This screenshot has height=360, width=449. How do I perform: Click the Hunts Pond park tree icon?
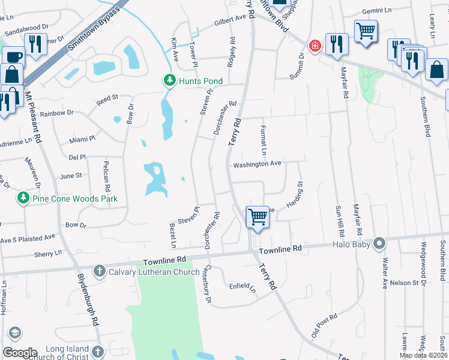coord(170,80)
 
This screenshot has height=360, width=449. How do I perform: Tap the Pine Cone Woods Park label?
coord(74,198)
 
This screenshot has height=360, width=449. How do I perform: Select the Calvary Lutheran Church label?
coord(154,272)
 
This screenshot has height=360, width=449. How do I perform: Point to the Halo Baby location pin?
coord(379,244)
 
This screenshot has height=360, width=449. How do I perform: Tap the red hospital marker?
coord(314,46)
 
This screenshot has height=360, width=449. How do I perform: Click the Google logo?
coord(20,352)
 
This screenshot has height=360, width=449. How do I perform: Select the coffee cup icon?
coord(12,57)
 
